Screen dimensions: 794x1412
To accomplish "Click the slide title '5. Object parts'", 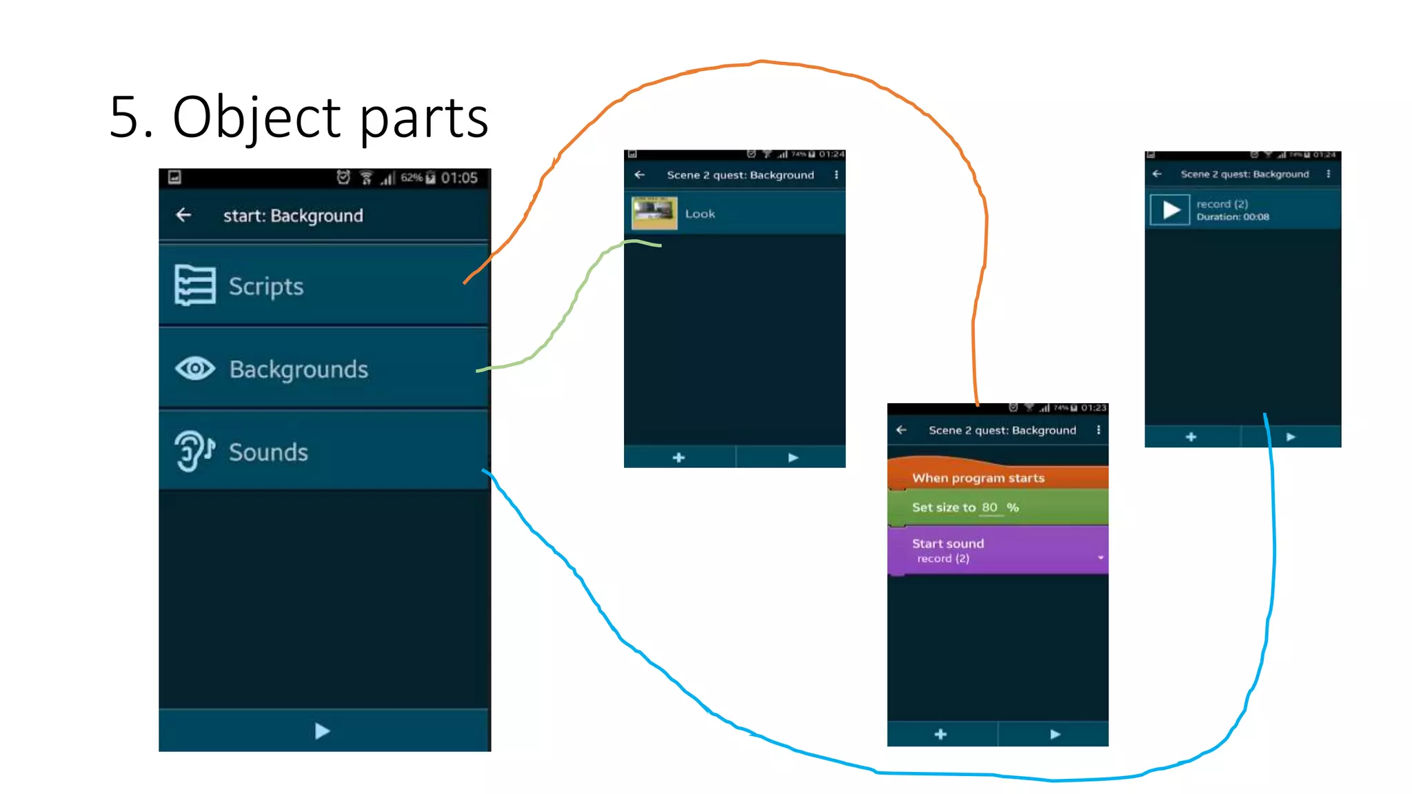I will pyautogui.click(x=299, y=117).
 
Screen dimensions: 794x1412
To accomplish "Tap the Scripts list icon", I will pyautogui.click(x=194, y=285).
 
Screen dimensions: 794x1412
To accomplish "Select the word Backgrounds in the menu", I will pyautogui.click(x=299, y=369).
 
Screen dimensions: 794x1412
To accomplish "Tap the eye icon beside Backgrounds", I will pyautogui.click(x=195, y=369).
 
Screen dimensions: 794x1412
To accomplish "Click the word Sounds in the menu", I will pyautogui.click(x=268, y=452).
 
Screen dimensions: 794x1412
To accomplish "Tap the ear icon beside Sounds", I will pyautogui.click(x=194, y=451).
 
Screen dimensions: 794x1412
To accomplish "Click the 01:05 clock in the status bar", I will pyautogui.click(x=459, y=178).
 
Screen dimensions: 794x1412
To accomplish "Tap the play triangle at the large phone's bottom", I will pyautogui.click(x=322, y=731).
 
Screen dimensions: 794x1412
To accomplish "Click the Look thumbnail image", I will pyautogui.click(x=654, y=213).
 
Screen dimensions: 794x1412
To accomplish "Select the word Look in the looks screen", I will pyautogui.click(x=700, y=214).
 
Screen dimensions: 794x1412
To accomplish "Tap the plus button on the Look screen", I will pyautogui.click(x=678, y=458).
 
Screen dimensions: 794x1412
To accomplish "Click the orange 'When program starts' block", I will pyautogui.click(x=978, y=478).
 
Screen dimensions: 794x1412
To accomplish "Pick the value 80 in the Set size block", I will pyautogui.click(x=989, y=507).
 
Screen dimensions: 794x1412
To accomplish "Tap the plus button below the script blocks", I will pyautogui.click(x=940, y=734).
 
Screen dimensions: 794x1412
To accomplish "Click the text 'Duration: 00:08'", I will pyautogui.click(x=1232, y=217).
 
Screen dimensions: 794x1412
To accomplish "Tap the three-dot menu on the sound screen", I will pyautogui.click(x=1328, y=174).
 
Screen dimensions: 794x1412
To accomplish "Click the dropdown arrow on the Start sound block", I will pyautogui.click(x=1100, y=558).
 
